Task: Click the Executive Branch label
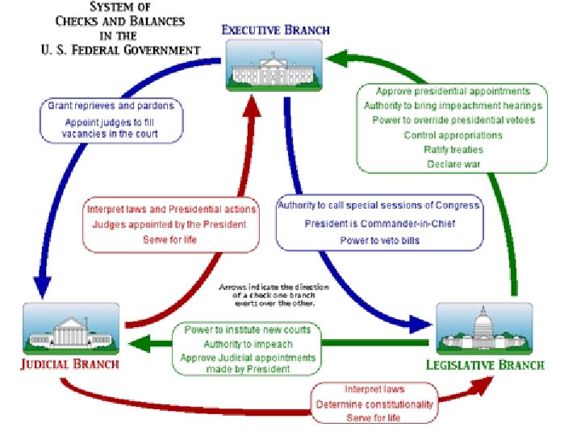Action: [275, 30]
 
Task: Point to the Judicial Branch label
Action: [70, 363]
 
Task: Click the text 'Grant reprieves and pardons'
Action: [111, 106]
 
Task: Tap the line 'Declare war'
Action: [453, 164]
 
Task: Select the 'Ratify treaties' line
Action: [453, 150]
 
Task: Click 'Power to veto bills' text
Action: [379, 240]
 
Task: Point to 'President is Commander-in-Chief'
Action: [379, 223]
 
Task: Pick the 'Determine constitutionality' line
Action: [374, 404]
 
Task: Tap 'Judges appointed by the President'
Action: [169, 224]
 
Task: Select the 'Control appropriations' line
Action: [453, 135]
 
